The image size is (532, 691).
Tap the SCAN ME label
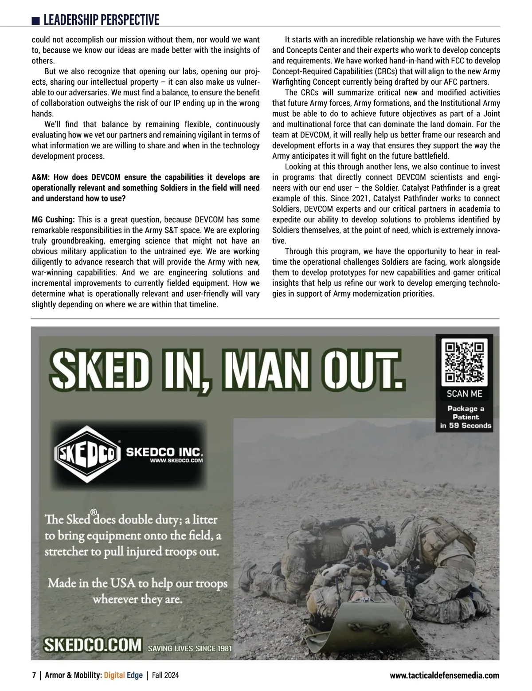pos(464,393)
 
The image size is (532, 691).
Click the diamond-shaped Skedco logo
pos(87,454)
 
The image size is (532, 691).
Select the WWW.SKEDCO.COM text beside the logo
pos(176,460)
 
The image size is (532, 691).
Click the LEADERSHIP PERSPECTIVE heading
pos(101,20)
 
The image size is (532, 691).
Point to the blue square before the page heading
pos(36,21)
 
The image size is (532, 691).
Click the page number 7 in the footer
pos(34,675)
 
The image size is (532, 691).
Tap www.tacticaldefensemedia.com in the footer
pos(444,675)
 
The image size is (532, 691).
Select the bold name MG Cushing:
pos(53,220)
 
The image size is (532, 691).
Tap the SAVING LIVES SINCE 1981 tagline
pos(190,648)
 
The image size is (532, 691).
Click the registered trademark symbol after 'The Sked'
pos(94,513)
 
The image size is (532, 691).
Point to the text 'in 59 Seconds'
pos(465,425)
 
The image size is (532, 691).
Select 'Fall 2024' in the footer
pos(165,675)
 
